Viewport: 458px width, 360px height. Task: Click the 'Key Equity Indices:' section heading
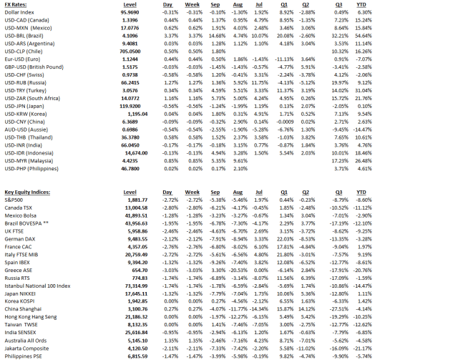[x=31, y=193]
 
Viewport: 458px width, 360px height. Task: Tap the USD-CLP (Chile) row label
[x=30, y=52]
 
